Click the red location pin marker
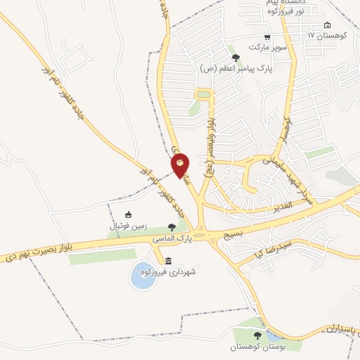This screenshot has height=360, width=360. (181, 165)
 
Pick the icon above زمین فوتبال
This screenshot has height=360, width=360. (127, 214)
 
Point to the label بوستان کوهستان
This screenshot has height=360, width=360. (257, 347)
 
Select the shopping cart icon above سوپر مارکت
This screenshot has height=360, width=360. (266, 37)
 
